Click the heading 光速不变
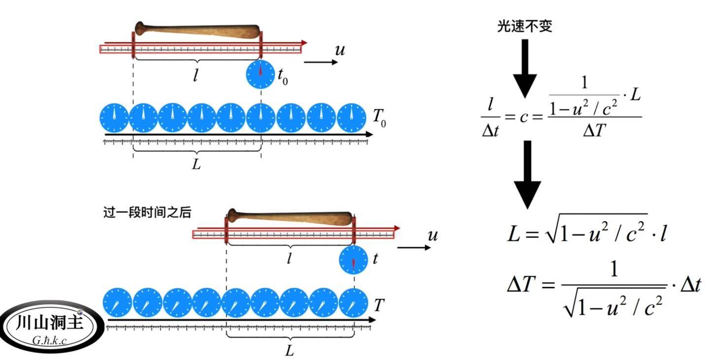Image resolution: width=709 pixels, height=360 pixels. tap(524, 26)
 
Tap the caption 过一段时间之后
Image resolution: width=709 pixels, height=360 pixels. tap(147, 213)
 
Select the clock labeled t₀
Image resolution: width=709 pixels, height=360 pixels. tap(260, 75)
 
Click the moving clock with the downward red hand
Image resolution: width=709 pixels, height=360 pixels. tap(354, 260)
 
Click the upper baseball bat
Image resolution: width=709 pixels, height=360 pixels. tap(197, 31)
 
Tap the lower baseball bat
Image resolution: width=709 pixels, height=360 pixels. tap(290, 217)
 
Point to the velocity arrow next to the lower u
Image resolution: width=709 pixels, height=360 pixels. tap(414, 247)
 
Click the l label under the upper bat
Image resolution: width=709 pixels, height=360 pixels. tap(195, 76)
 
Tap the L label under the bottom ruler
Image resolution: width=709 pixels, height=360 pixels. tap(290, 351)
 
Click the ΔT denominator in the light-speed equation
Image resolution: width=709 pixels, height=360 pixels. tap(594, 130)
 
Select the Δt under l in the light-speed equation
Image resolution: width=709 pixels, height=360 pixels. tap(489, 130)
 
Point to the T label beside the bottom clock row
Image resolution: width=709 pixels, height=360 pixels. tap(379, 305)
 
